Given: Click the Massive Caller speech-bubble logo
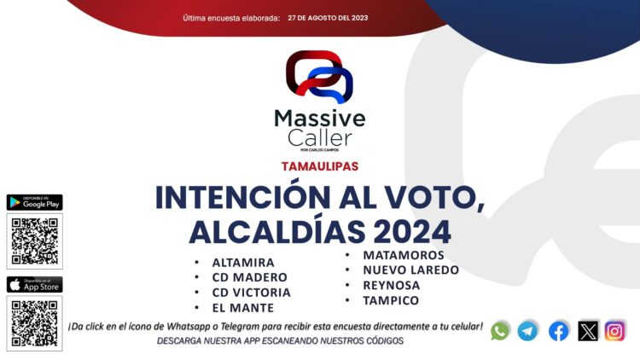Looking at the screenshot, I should [x=319, y=78].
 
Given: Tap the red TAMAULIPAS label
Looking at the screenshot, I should [x=319, y=165].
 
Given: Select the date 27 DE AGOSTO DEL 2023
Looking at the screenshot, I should [x=328, y=18].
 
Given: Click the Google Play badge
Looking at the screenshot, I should [x=34, y=202].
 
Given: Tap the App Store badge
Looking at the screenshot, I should [x=34, y=284].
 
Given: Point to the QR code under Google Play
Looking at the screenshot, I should [x=34, y=241].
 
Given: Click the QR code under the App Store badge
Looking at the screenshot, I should [x=34, y=322].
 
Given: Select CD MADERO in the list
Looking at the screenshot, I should [x=249, y=277].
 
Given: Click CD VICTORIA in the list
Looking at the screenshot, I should [x=251, y=293].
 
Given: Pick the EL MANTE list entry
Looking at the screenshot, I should [x=243, y=308].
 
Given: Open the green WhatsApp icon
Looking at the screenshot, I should [x=500, y=331].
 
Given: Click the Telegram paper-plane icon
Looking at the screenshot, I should [x=528, y=331].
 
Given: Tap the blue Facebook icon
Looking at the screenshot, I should [x=559, y=331].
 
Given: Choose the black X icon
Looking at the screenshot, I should [x=588, y=331].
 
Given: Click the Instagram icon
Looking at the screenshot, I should [x=615, y=331].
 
